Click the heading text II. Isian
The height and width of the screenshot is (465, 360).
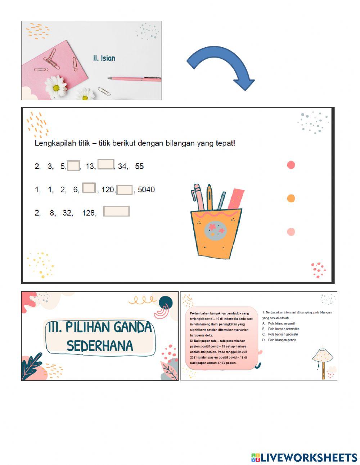tap(104, 58)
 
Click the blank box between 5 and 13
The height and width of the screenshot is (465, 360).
tap(73, 166)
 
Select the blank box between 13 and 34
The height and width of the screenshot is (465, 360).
tap(106, 164)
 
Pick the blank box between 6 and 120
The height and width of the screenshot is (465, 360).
tap(89, 188)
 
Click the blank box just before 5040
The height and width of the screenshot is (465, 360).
tap(125, 190)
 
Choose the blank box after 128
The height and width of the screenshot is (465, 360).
tap(116, 211)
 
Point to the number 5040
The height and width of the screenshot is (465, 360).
tap(146, 189)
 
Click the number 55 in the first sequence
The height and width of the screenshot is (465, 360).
tap(139, 166)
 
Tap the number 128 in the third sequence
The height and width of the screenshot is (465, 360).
tap(89, 213)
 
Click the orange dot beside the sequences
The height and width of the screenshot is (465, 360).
tap(291, 198)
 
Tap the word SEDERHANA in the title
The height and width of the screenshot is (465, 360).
tap(100, 346)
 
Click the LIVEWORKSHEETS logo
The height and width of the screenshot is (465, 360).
tap(304, 457)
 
